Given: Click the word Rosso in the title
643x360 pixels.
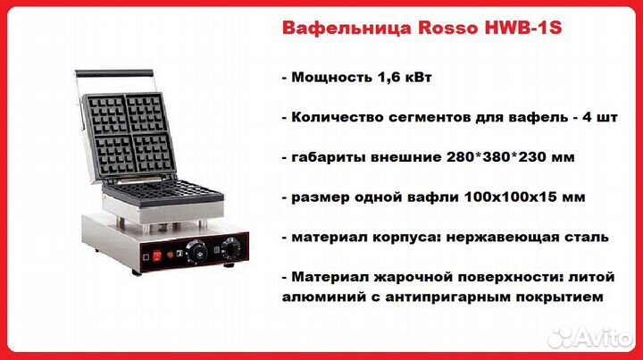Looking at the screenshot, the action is pos(447,28).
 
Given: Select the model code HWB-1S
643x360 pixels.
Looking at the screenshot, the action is pos(523,28).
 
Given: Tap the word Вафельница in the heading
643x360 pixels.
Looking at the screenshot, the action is pos(347,29).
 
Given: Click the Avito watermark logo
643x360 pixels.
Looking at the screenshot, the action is pos(589,338).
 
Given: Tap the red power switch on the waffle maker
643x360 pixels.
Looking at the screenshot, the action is pos(157,256).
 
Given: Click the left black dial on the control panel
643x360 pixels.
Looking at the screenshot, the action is pos(196,251).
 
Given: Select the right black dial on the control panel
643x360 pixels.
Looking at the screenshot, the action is pos(231,247).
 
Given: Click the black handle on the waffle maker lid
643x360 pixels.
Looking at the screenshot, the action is pos(114,73).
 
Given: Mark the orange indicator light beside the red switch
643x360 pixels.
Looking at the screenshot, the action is pos(170,255).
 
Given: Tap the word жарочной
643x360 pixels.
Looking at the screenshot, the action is pos(413,277).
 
